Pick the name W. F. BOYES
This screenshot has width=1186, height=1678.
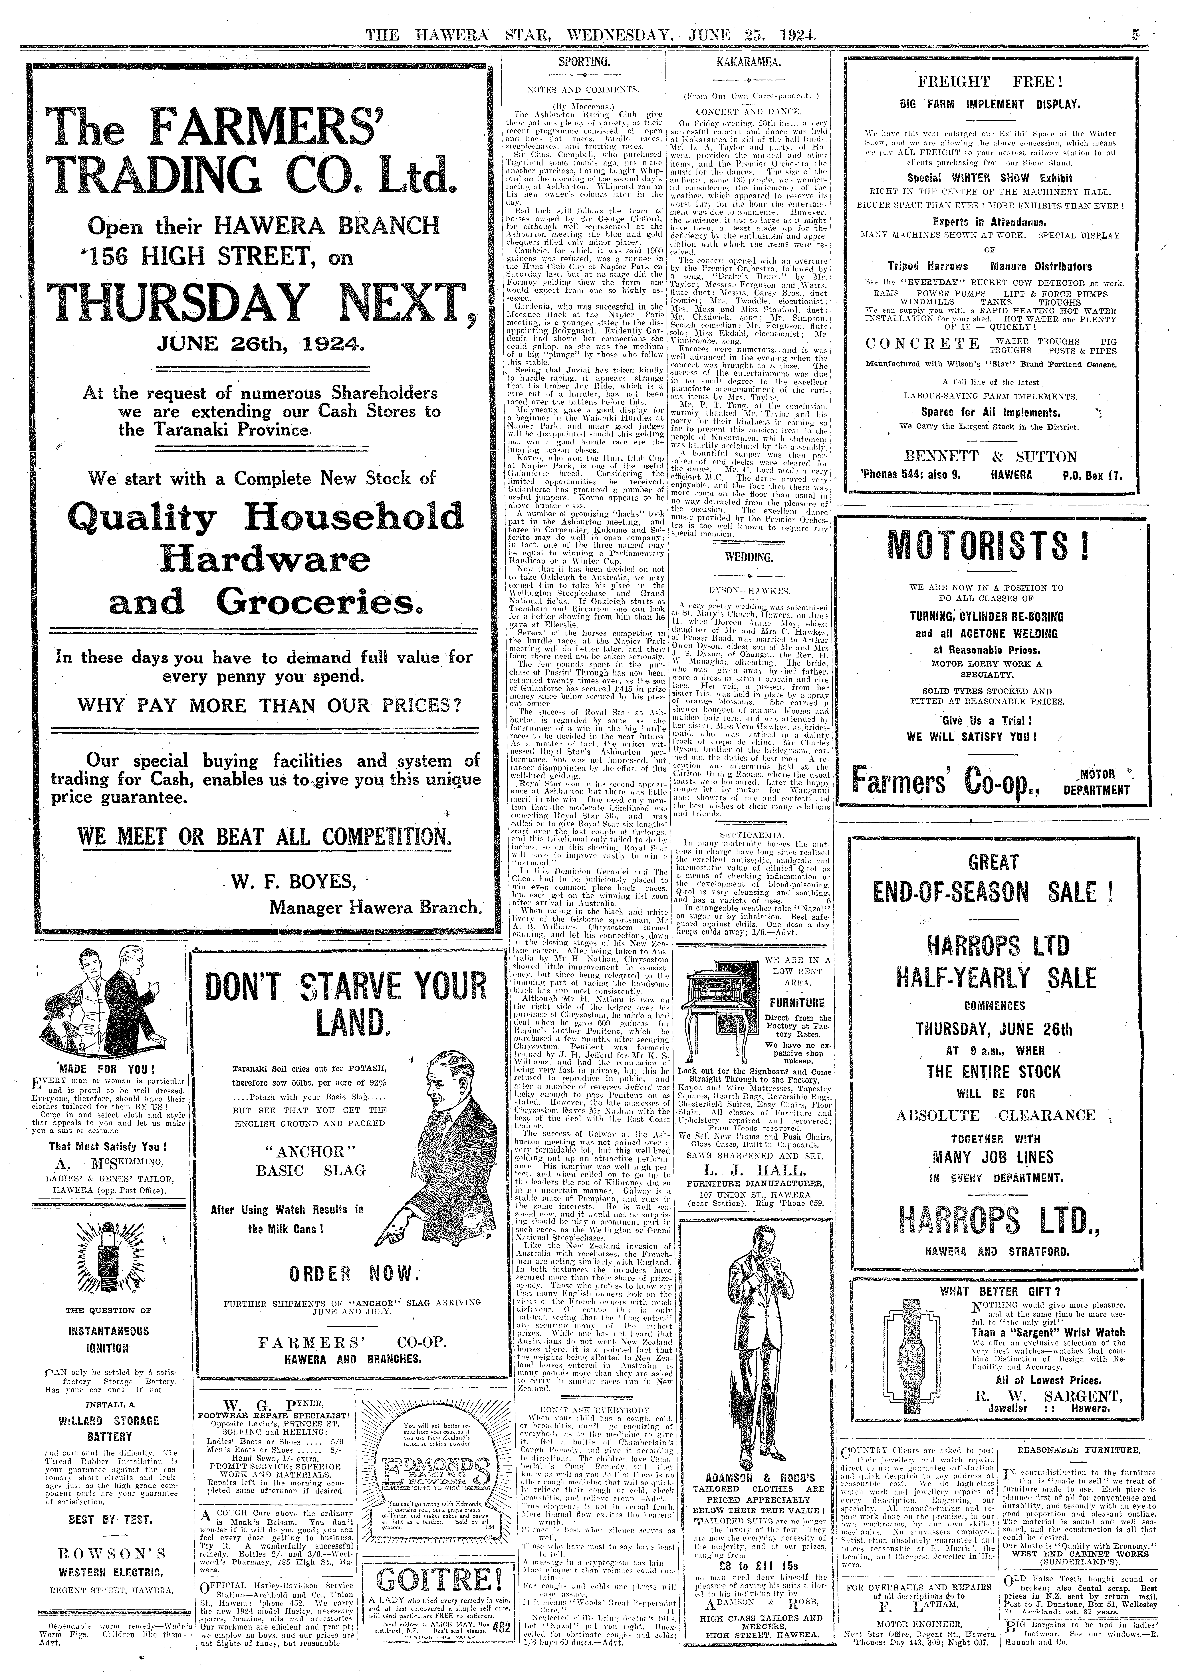(293, 882)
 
